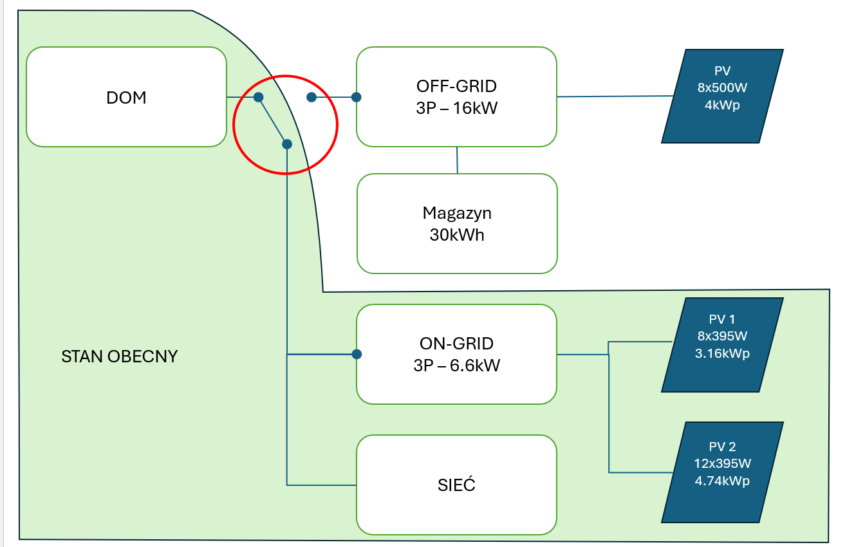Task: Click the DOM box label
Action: point(126,98)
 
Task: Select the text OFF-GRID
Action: point(456,86)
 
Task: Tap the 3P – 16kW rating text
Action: point(456,108)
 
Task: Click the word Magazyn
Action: point(457,214)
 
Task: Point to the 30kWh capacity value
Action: point(457,235)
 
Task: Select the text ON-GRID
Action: point(456,344)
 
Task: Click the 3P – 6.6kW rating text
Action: point(456,366)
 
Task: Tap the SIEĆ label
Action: point(456,485)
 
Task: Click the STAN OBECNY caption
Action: point(119,357)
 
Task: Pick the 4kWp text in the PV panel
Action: point(722,105)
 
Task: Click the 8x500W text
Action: point(722,88)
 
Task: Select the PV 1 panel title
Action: point(721,319)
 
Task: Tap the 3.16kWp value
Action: point(722,353)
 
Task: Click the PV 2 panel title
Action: point(722,447)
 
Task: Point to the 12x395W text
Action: point(722,463)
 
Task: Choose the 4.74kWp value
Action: point(722,481)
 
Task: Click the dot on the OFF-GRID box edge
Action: point(357,97)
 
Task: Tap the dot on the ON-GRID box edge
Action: point(357,354)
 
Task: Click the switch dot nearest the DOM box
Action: point(259,97)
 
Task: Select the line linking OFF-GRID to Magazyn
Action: point(457,160)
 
